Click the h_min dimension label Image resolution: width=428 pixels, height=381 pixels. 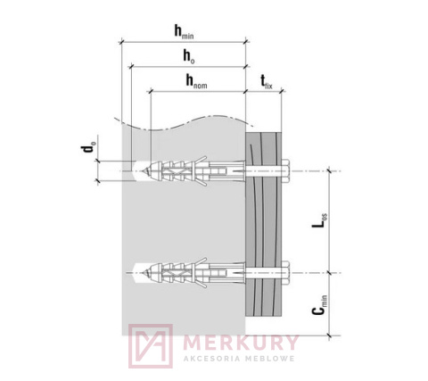tap(185, 32)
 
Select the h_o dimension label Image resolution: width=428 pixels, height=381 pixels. tap(186, 56)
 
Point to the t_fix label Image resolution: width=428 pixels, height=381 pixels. tap(266, 81)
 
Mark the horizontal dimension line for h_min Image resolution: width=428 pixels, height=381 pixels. tap(152, 41)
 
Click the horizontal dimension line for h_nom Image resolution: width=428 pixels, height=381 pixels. tap(169, 90)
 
